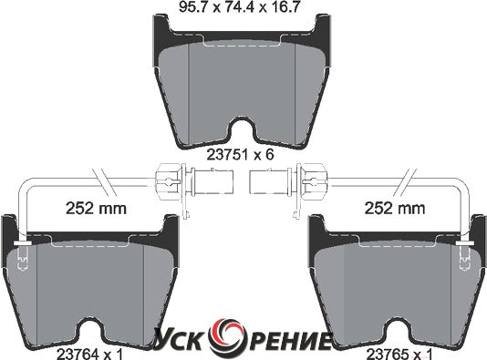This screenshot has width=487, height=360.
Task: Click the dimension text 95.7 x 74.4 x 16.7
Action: [239, 6]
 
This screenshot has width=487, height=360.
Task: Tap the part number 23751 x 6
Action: [241, 155]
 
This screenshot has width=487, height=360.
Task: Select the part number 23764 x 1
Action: [89, 355]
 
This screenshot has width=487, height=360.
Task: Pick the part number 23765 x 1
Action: [399, 355]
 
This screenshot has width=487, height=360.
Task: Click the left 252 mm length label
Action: [96, 208]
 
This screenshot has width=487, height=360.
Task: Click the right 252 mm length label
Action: [395, 208]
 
